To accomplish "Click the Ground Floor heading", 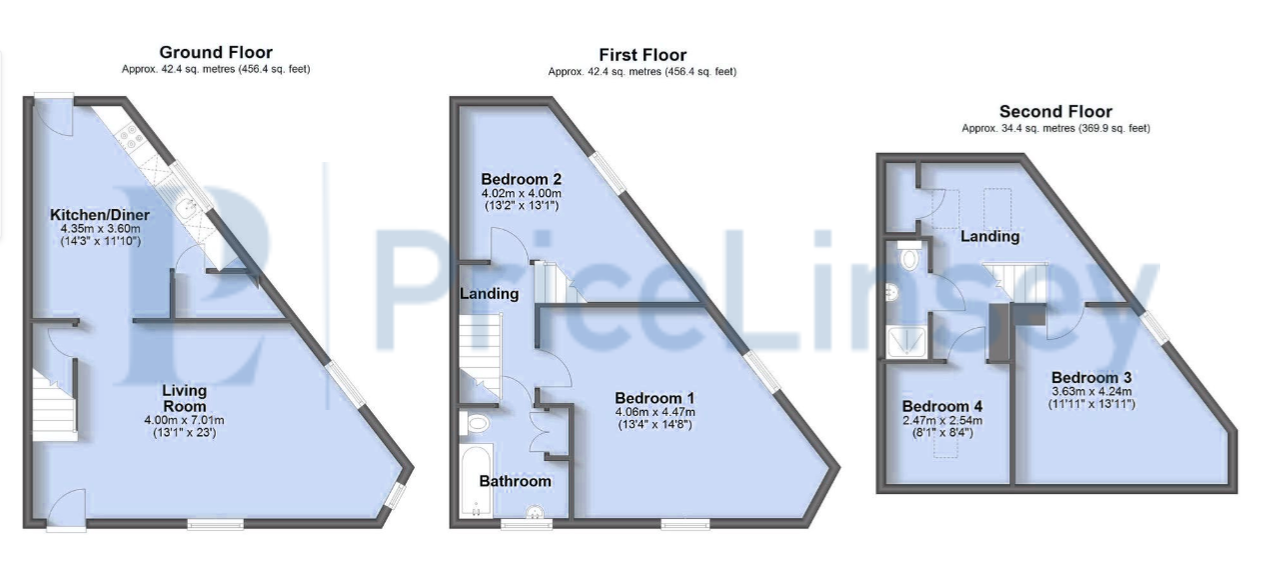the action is (x=216, y=52).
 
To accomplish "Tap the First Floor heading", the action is (x=642, y=55).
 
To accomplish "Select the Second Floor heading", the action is (x=1055, y=111).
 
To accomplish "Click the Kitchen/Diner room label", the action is (x=100, y=215).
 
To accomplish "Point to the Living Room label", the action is (x=184, y=398).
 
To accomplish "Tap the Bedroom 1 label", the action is (x=654, y=398).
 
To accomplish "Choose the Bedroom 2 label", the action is (x=522, y=179).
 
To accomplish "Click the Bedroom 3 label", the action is (x=1091, y=378).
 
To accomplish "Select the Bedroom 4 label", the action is (x=942, y=407).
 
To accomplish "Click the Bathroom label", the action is (x=515, y=481).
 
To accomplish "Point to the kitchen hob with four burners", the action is (x=131, y=136).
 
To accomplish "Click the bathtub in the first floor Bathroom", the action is (x=476, y=482).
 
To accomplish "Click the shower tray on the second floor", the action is (x=906, y=343).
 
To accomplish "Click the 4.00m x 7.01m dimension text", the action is (x=184, y=421).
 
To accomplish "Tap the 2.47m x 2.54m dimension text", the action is (x=942, y=421).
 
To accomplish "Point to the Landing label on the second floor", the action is (x=989, y=237).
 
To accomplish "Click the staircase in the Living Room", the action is (x=54, y=405).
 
